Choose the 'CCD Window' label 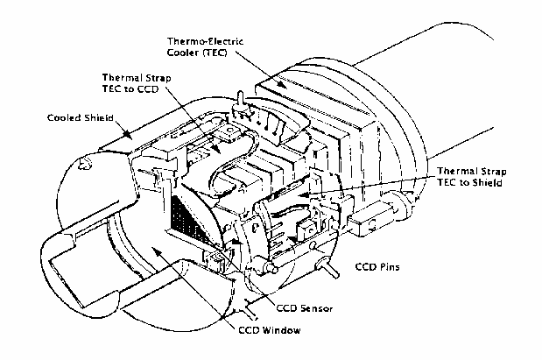click(270, 330)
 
